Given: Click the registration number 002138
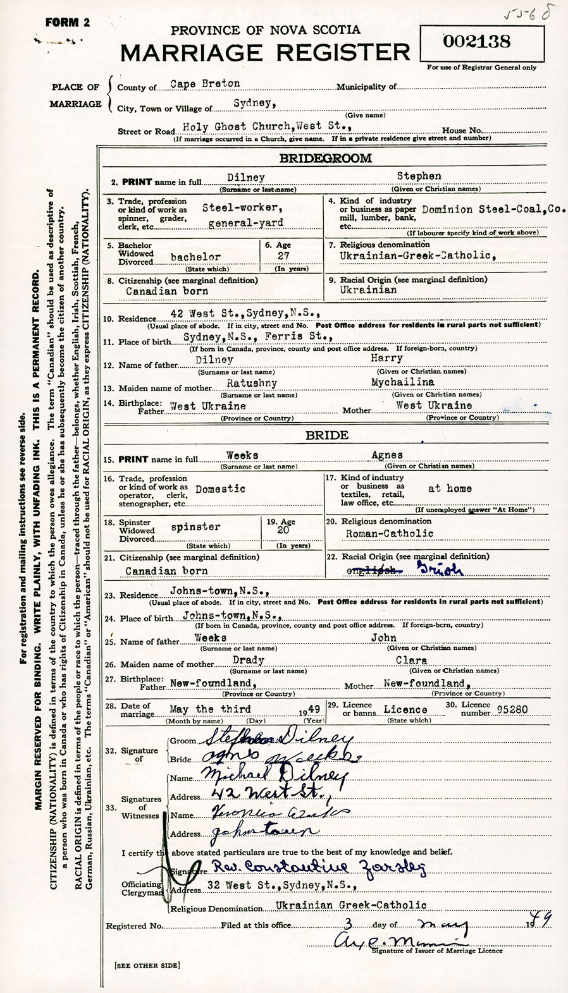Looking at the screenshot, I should pos(477,42).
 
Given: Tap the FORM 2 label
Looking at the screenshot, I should pos(68,23).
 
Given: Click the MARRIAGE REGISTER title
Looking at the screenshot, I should pos(265,53).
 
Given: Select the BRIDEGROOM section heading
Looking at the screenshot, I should pos(326,158).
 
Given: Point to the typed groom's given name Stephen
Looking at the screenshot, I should pos(419,176).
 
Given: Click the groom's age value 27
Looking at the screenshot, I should pos(283,256).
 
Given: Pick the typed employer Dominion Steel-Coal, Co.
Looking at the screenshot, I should pos(493,209).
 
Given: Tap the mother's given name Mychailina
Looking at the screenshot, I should pos(402,382).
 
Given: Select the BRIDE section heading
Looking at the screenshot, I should pos(326,435).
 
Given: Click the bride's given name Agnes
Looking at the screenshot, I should pos(387,455).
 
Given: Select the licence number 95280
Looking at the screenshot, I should pos(512,709).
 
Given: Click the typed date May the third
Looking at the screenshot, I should pos(210,709).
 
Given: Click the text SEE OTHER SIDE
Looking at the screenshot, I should pos(147,965).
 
